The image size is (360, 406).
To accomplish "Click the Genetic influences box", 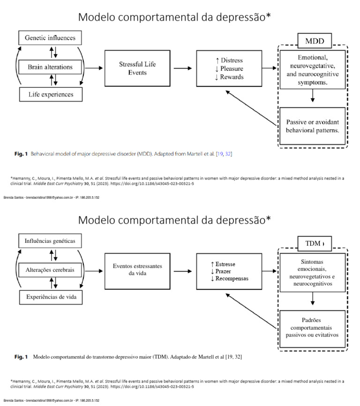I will pyautogui.click(x=49, y=37).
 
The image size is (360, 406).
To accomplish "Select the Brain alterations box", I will pyautogui.click(x=49, y=67).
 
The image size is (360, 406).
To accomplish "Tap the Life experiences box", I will pyautogui.click(x=49, y=95).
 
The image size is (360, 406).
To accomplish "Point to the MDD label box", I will pyautogui.click(x=314, y=41).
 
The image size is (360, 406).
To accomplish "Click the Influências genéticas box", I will pyautogui.click(x=49, y=241).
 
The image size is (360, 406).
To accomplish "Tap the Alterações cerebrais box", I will pyautogui.click(x=49, y=271).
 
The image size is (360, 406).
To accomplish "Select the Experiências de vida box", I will pyautogui.click(x=49, y=298).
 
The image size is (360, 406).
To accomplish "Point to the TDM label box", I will pyautogui.click(x=313, y=244).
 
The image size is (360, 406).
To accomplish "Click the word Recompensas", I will pyautogui.click(x=232, y=278).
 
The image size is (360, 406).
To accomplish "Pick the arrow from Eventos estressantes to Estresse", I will pyautogui.click(x=181, y=271).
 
